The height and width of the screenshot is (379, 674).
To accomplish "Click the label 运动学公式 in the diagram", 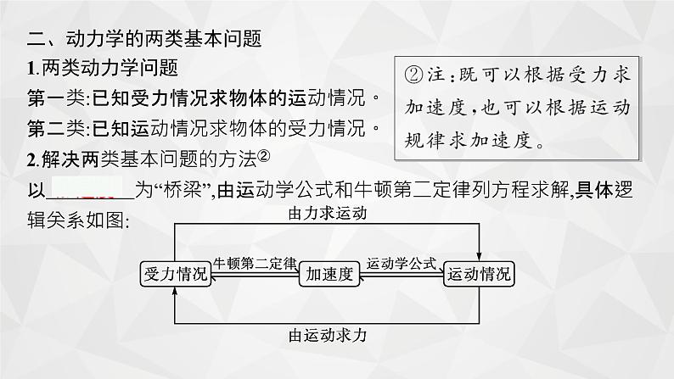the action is pyautogui.click(x=401, y=264).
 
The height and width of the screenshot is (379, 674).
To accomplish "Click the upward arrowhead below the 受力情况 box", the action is pyautogui.click(x=175, y=291).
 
